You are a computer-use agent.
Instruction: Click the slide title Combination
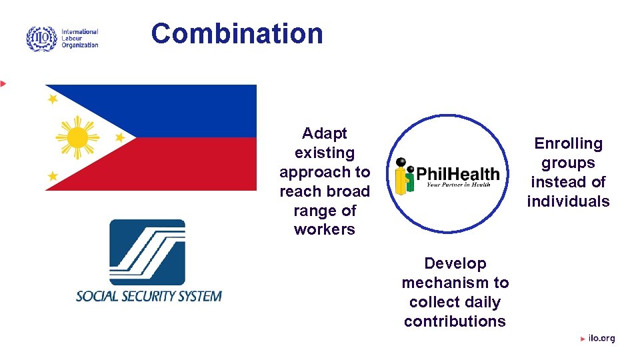[x=237, y=33]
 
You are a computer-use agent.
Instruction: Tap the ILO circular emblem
[x=41, y=39]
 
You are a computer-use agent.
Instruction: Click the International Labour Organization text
[x=79, y=39]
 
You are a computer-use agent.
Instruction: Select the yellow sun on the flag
[x=78, y=137]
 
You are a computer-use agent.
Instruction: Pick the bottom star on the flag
[x=53, y=176]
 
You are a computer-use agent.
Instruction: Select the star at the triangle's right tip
[x=120, y=137]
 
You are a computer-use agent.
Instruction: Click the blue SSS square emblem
[x=147, y=252]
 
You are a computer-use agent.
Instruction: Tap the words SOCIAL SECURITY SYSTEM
[x=149, y=295]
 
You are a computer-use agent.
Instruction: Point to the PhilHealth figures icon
[x=404, y=175]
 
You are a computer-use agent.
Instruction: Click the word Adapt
[x=325, y=133]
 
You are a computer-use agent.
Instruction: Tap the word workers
[x=325, y=229]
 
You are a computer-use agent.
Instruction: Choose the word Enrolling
[x=568, y=143]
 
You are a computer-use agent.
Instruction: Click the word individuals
[x=568, y=201]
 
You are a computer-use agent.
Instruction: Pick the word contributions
[x=455, y=321]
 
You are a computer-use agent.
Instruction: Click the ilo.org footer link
[x=601, y=339]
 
